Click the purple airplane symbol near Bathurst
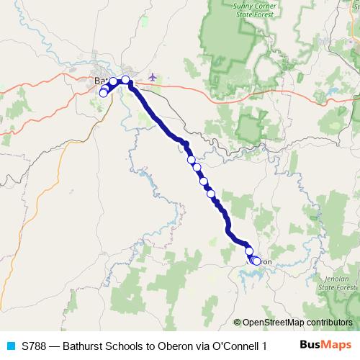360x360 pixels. pos(152,76)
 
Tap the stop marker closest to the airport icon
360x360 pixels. pos(125,80)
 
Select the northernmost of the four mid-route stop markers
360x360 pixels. pos(191,160)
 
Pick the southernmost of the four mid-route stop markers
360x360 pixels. pos(211,193)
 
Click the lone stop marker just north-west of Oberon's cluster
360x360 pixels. pos(249,251)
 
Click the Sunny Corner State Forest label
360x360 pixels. pos(238,11)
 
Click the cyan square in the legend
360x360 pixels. pos(10,345)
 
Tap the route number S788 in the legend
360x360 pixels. pos(35,345)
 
